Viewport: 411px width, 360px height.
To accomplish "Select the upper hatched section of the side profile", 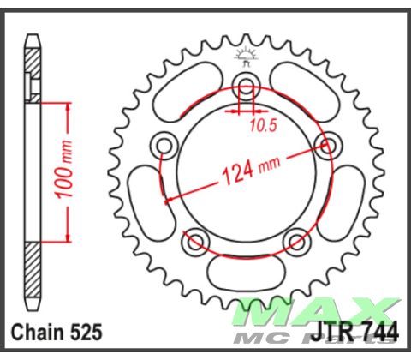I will (33, 69).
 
